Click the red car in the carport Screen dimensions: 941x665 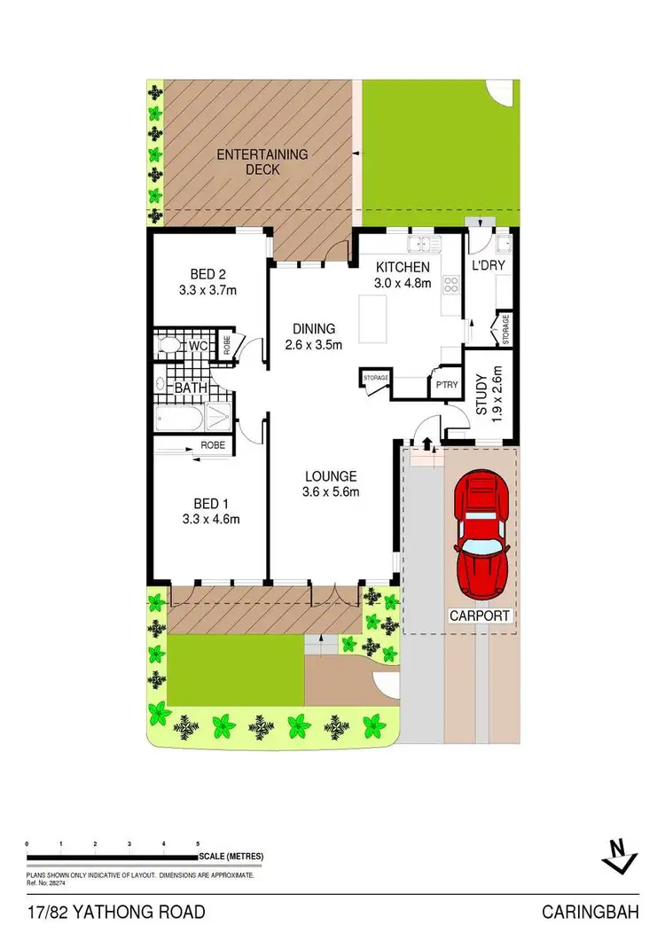pos(482,538)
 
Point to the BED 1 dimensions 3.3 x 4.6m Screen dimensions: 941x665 pos(210,520)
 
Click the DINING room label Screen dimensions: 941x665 pos(314,328)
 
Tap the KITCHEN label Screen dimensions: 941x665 pos(403,267)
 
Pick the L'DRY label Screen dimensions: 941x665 pos(489,266)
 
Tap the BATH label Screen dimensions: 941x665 pos(191,388)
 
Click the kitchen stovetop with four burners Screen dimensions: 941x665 pos(450,285)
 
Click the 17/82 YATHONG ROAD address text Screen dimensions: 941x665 pos(116,912)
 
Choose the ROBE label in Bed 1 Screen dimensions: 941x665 pos(213,445)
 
